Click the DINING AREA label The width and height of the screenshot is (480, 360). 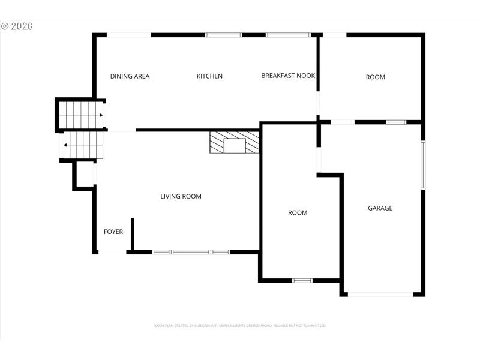pos(130,76)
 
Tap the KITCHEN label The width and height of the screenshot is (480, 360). pos(209,76)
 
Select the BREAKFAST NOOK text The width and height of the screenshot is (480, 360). pos(288,76)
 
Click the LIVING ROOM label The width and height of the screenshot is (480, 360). pos(181,196)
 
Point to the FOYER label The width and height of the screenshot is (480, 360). pos(113,231)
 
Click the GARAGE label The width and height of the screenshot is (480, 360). pos(380,208)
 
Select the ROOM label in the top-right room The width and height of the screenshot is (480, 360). pos(376,77)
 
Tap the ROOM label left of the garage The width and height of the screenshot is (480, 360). pos(298,212)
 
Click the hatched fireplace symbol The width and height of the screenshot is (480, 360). pos(235,142)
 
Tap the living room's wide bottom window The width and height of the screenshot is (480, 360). pos(191,252)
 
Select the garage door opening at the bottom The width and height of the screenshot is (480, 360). pos(380,294)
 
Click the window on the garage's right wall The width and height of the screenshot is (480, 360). pos(422,164)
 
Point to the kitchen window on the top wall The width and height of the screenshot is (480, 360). pos(223,35)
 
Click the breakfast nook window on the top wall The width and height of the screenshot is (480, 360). pos(287,35)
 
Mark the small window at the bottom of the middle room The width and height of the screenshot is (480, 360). pos(302,280)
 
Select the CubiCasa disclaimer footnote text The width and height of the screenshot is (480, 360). pos(240,325)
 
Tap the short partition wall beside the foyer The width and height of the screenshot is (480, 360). pos(132,234)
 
